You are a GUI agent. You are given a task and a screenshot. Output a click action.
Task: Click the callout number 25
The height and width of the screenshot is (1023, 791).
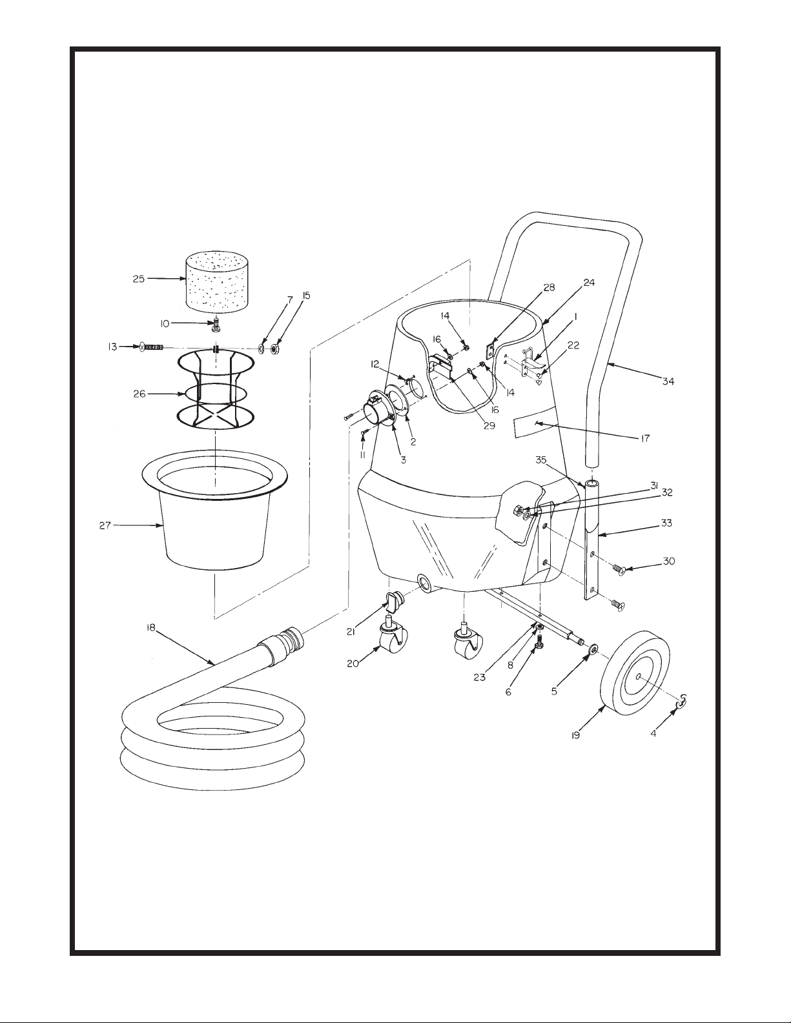click(138, 279)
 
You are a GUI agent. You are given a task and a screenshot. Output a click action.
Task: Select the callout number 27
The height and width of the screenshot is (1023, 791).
click(106, 525)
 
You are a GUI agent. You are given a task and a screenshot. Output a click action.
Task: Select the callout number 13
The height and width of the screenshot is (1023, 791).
click(113, 347)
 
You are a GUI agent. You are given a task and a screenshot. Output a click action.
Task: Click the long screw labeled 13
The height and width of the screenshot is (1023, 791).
click(152, 347)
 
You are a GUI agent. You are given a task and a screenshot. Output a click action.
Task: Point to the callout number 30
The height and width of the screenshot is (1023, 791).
click(668, 562)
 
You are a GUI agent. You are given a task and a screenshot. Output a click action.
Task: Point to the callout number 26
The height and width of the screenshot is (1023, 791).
click(139, 394)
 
